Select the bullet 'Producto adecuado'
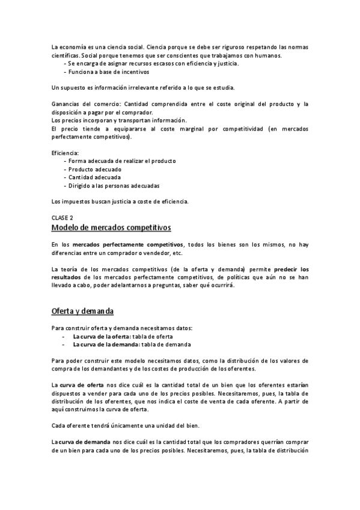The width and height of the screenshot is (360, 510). tap(94, 170)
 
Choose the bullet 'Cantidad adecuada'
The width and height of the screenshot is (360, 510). tap(94, 177)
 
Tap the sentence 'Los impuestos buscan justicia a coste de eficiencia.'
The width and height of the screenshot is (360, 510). tap(120, 201)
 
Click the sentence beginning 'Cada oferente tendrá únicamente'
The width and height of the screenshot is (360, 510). tap(129, 425)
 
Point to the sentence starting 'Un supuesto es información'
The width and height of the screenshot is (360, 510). tap(135, 88)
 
